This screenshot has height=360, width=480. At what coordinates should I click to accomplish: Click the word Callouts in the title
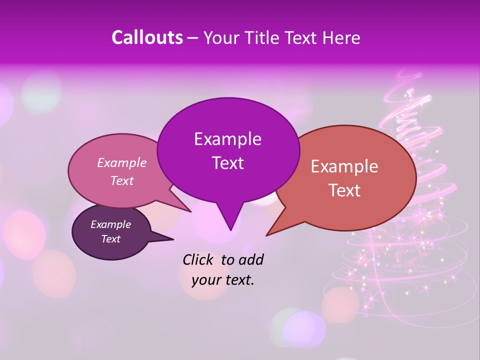click(x=147, y=37)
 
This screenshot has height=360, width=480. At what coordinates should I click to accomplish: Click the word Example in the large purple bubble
click(x=227, y=139)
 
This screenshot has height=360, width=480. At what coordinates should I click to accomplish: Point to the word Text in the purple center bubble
click(x=227, y=163)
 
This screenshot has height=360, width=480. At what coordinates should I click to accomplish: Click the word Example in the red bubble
click(x=344, y=166)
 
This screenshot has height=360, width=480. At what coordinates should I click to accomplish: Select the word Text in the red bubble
click(x=344, y=190)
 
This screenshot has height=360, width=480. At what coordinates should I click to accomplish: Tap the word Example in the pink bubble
click(x=122, y=162)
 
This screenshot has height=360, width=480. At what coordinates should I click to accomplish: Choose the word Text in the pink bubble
click(x=122, y=180)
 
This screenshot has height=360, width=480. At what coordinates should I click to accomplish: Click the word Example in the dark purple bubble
click(x=111, y=224)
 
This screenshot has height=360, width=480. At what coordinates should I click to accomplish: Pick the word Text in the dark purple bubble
click(x=111, y=239)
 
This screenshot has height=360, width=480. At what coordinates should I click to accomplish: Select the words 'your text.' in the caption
click(x=223, y=280)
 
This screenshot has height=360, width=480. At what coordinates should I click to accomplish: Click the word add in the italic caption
click(x=251, y=259)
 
